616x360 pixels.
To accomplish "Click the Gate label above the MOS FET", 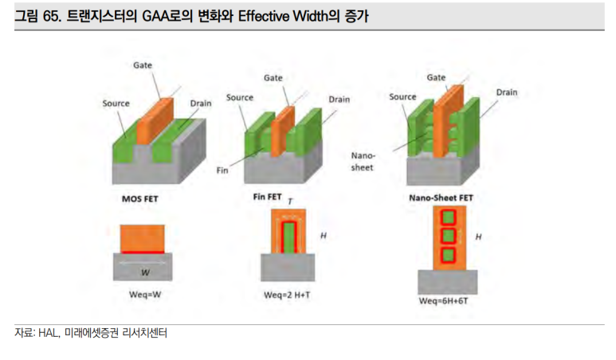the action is pyautogui.click(x=142, y=65).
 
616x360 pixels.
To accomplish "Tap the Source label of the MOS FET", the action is pyautogui.click(x=116, y=104).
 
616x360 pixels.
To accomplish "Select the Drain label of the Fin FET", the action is pyautogui.click(x=339, y=100).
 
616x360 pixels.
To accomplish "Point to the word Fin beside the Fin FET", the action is pyautogui.click(x=222, y=170).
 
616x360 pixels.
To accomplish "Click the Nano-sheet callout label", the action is pyautogui.click(x=363, y=162).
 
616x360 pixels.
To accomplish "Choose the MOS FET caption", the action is pyautogui.click(x=140, y=199).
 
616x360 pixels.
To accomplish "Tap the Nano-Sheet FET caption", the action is pyautogui.click(x=441, y=198).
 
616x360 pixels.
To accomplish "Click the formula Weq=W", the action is pyautogui.click(x=145, y=295).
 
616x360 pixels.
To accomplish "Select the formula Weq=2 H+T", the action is pyautogui.click(x=287, y=295).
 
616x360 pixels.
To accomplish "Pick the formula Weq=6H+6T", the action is pyautogui.click(x=443, y=301).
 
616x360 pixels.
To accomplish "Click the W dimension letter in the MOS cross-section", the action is pyautogui.click(x=145, y=272).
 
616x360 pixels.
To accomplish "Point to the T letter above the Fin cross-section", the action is pyautogui.click(x=290, y=202).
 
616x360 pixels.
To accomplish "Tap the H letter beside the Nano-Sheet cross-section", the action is pyautogui.click(x=478, y=237).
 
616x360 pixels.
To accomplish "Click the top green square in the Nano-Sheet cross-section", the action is pyautogui.click(x=448, y=217).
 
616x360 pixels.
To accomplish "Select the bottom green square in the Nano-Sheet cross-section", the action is pyautogui.click(x=448, y=256).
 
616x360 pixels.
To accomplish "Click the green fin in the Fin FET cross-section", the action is pyautogui.click(x=289, y=237).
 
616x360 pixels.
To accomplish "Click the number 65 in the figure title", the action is pyautogui.click(x=50, y=16).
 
